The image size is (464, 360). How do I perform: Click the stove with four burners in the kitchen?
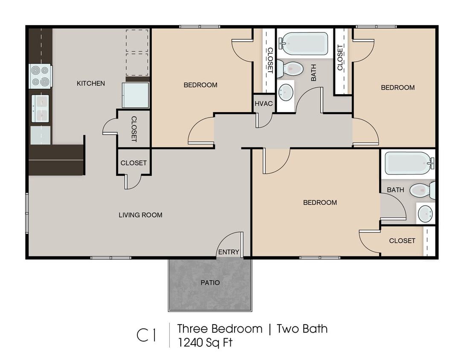pos(40,76)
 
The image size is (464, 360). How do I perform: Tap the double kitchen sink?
pos(41,108)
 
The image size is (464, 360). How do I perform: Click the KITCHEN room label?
pos(91,83)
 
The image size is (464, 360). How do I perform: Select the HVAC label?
pos(264,104)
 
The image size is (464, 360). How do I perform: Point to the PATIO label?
pos(210,282)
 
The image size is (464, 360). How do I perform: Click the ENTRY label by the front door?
pos(229,252)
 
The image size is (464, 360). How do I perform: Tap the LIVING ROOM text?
pos(140,215)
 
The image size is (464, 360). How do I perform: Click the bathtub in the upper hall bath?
pos(305,44)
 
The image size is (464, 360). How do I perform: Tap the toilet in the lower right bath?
pos(422,190)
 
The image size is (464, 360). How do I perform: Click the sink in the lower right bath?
pos(426,213)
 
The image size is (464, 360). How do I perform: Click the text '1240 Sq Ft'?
pos(205,342)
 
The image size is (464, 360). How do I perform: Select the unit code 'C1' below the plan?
pos(146,336)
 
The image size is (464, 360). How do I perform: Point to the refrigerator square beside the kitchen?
pos(136,95)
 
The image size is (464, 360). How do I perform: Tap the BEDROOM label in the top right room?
pos(397,87)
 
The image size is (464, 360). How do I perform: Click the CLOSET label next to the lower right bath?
pos(402,241)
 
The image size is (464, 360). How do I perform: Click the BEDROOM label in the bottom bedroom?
pos(320,202)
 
